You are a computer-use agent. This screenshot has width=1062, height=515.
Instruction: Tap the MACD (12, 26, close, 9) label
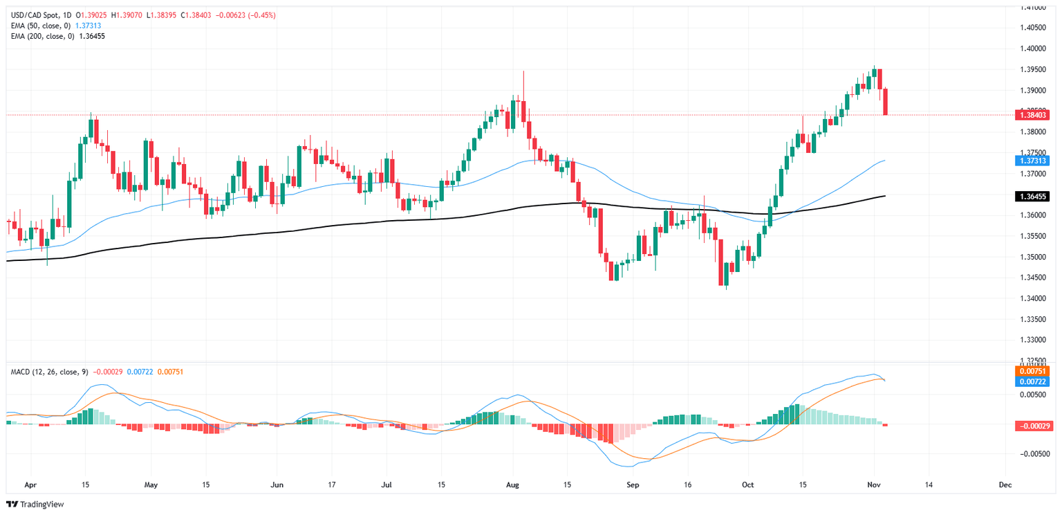click(x=49, y=372)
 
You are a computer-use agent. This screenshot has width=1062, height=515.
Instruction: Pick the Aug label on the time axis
click(x=512, y=485)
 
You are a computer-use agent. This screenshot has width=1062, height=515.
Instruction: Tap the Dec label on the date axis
click(x=1006, y=485)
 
